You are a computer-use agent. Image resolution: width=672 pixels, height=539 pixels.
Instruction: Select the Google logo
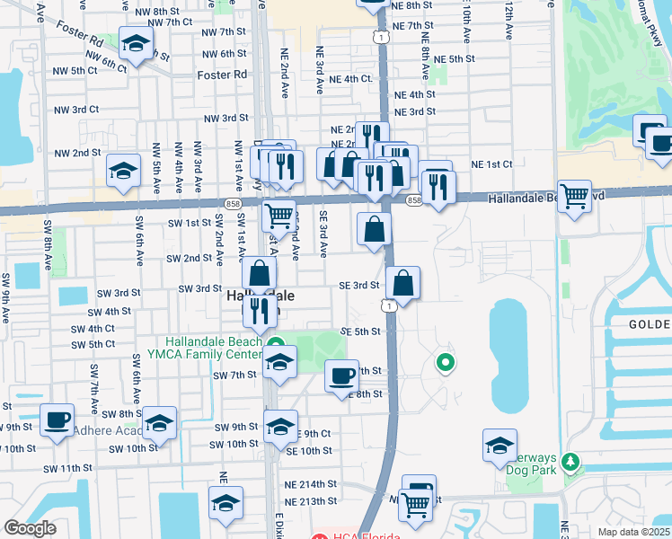(30, 528)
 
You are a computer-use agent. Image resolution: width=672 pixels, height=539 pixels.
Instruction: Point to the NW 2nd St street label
(76, 152)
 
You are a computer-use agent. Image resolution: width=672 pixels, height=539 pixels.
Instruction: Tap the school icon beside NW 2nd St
(123, 171)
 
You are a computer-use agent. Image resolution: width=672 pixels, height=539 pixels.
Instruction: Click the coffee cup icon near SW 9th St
(57, 420)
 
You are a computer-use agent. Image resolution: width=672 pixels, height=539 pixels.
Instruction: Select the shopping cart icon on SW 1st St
(279, 216)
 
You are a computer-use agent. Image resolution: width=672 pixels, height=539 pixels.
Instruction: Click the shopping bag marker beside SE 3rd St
(403, 284)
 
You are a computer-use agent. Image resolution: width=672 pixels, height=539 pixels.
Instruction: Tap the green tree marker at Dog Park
(570, 462)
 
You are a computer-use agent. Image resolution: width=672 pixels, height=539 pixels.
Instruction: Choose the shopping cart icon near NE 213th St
(415, 506)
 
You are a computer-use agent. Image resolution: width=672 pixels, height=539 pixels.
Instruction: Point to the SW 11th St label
(63, 468)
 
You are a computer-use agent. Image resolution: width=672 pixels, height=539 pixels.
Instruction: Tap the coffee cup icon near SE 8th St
(340, 376)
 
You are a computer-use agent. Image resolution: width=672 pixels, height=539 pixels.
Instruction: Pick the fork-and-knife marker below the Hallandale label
(258, 312)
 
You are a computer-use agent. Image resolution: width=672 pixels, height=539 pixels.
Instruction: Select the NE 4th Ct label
(351, 79)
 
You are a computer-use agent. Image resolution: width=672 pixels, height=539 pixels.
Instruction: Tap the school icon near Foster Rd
(135, 44)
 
